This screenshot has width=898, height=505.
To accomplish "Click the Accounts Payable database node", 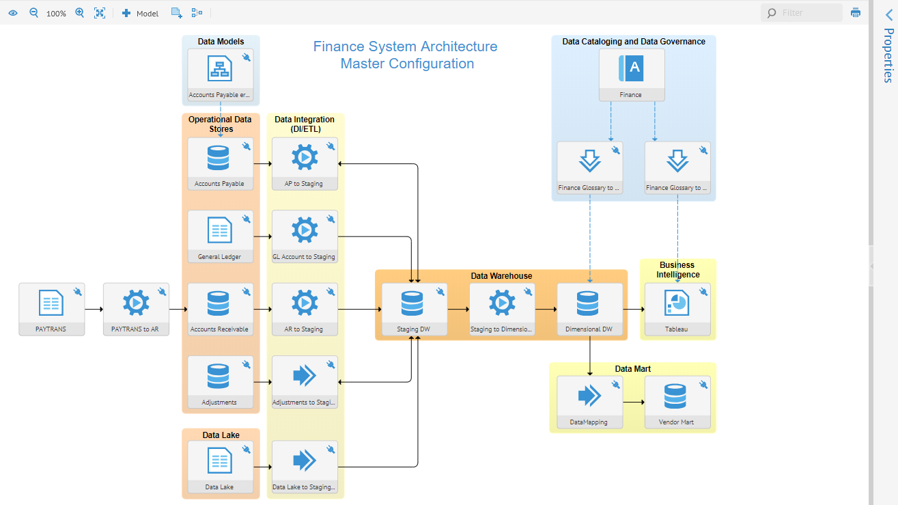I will coord(219,158).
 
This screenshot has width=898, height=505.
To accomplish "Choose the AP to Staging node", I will coord(305,158).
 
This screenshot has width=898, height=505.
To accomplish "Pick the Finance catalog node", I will coord(631,69).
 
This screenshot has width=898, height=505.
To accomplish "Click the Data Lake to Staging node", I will coord(305,461).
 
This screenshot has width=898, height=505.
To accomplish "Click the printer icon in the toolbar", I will coord(856,12).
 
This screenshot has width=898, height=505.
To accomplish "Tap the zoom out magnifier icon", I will coord(33,12).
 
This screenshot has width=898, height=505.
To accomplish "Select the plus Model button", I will coord(140,13).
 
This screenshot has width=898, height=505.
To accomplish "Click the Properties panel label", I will coord(888,55).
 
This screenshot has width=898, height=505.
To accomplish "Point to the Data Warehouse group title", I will coord(501,276).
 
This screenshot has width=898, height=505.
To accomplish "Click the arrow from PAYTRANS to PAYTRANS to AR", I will coord(94,310).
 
